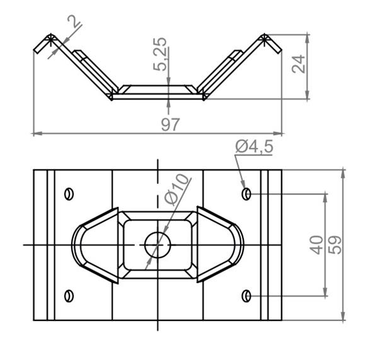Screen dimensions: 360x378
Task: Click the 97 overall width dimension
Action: (x=170, y=125)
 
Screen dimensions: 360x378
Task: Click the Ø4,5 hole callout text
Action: (x=254, y=147)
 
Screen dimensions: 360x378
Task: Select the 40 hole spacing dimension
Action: (x=317, y=244)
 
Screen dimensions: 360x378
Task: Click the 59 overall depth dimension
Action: (x=335, y=244)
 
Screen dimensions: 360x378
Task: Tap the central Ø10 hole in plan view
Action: (x=157, y=244)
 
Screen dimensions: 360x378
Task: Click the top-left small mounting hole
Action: (x=69, y=193)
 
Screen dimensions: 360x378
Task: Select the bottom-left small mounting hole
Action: (x=69, y=295)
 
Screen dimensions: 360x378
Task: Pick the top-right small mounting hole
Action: (x=246, y=193)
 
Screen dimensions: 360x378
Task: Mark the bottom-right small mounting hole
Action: (x=246, y=295)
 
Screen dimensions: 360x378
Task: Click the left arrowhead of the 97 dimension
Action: (x=35, y=133)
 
